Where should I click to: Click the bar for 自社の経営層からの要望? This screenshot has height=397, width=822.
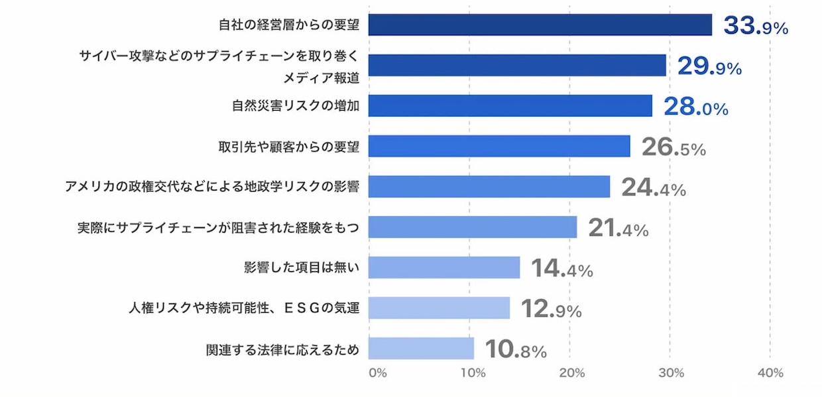[x=540, y=25]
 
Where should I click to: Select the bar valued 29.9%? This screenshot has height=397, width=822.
[x=517, y=66]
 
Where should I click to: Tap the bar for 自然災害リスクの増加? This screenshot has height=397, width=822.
[x=510, y=106]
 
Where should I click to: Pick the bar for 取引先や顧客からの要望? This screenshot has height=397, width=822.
[x=499, y=146]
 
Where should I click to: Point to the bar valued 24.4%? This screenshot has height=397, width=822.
[x=489, y=187]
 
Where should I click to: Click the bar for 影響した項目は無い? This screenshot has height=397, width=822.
[x=444, y=268]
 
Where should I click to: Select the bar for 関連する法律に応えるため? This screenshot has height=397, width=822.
[x=421, y=349]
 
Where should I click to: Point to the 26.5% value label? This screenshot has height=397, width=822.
[x=673, y=148]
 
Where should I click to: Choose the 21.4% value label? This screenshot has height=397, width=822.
[x=618, y=229]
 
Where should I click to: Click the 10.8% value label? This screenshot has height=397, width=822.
[x=516, y=350]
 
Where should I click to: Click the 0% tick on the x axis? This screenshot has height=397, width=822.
[x=377, y=373]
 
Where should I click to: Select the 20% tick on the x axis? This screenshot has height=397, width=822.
[x=571, y=373]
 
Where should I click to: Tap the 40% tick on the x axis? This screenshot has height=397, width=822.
[x=770, y=373]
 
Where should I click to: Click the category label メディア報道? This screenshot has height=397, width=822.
[x=322, y=78]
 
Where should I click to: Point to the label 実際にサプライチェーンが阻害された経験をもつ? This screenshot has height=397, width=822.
[x=218, y=228]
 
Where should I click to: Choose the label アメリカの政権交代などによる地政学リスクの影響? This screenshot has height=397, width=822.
[x=212, y=187]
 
